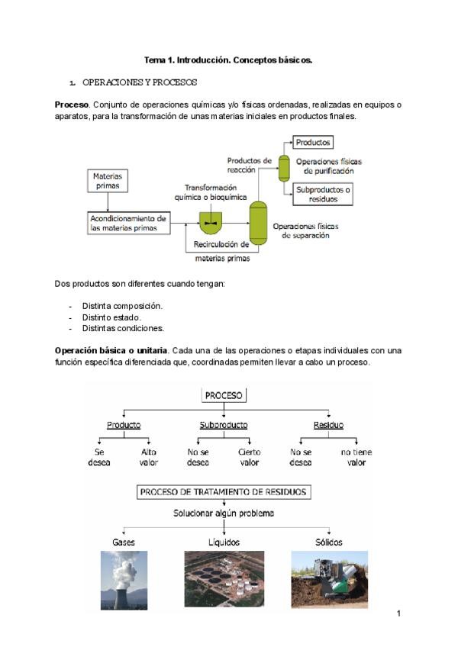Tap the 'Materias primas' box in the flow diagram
108,181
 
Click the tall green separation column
259,222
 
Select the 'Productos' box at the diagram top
313,142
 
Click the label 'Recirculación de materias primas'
221,252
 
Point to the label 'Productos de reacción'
249,166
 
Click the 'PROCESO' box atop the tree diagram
224,395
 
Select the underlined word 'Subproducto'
224,425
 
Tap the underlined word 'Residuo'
328,425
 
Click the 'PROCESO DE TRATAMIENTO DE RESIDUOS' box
224,492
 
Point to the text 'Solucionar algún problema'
224,513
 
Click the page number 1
398,613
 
